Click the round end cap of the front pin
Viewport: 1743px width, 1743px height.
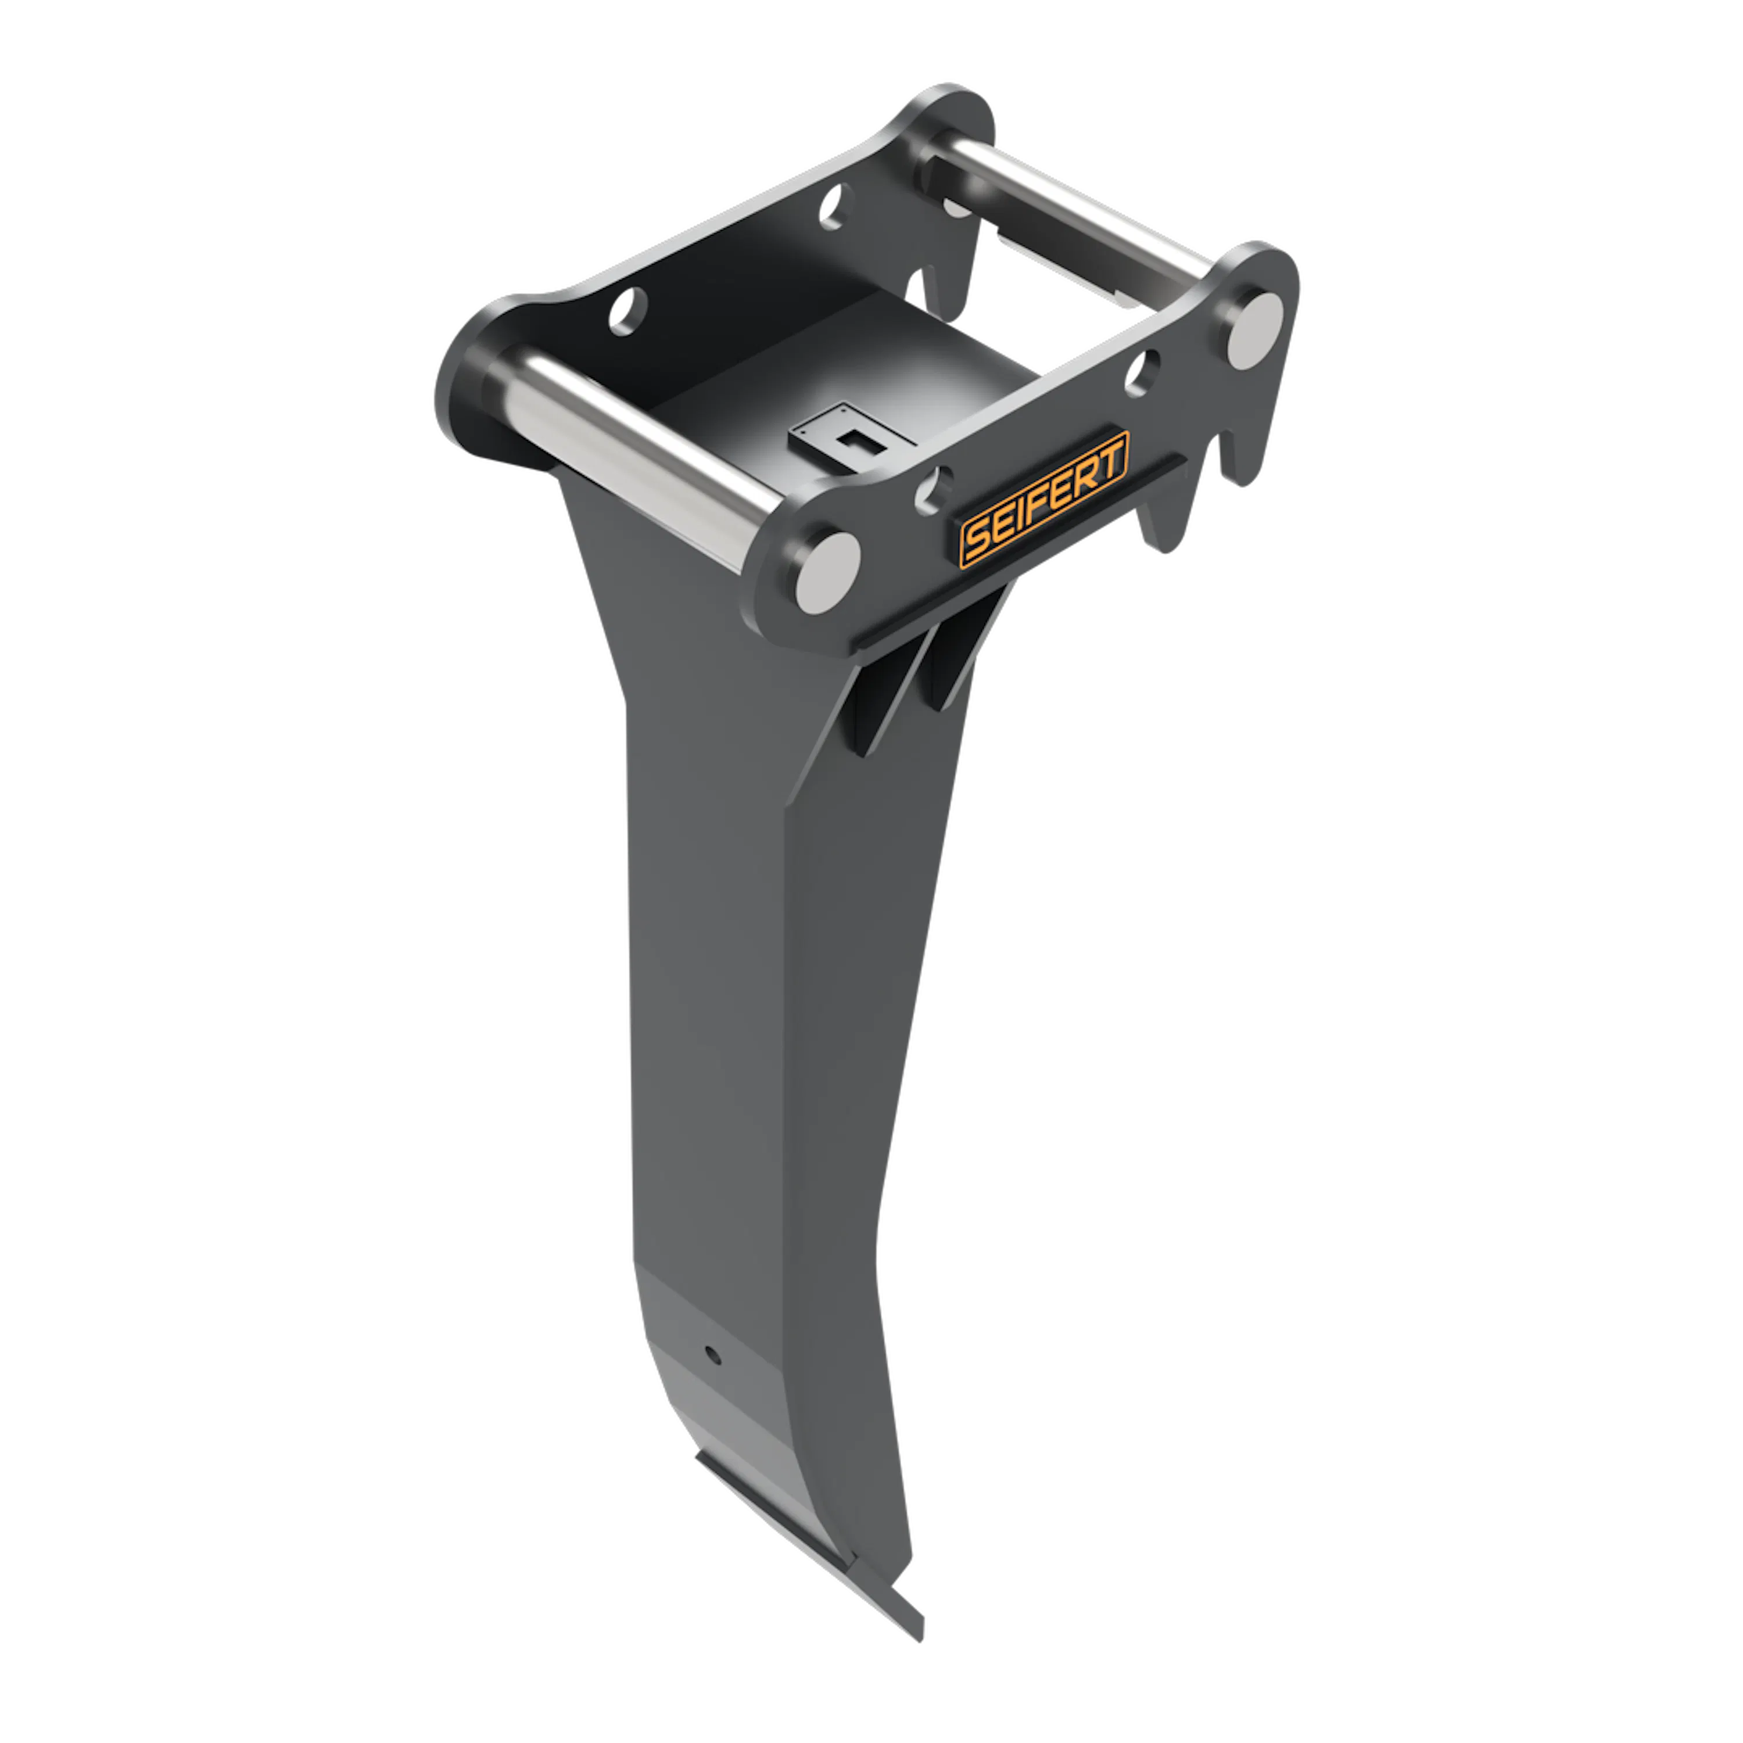coord(827,573)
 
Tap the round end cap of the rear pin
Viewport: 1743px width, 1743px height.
coord(1255,330)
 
